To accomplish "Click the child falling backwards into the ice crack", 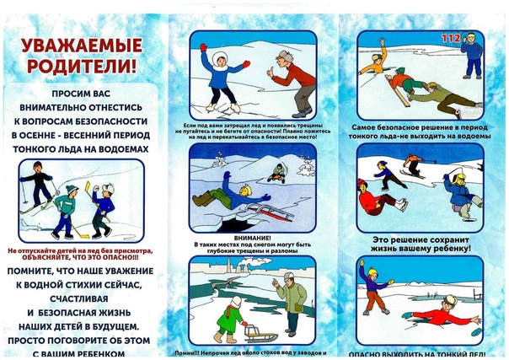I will (222, 196).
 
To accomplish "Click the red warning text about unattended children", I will (80, 255).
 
